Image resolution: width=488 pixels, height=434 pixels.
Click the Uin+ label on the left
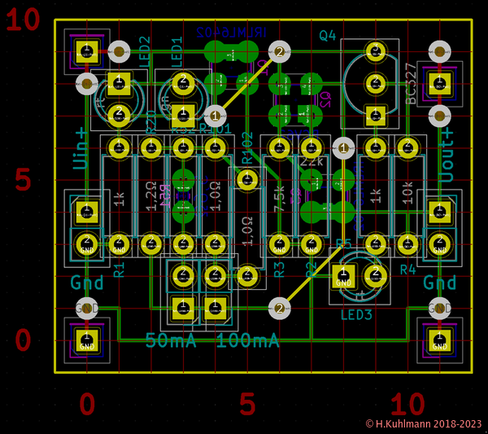point(81,147)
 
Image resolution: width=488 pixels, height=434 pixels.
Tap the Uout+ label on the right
point(446,147)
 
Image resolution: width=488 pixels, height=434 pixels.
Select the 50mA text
point(171,340)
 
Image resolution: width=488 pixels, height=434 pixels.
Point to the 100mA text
point(247,340)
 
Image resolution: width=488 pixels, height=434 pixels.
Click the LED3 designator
point(356,315)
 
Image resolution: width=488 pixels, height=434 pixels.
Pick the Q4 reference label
point(328,35)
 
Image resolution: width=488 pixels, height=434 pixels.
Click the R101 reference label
point(215,129)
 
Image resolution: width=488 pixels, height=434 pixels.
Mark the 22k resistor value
point(312,162)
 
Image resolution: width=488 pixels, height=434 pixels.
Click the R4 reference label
point(407,269)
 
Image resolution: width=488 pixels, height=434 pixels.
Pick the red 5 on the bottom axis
point(247,404)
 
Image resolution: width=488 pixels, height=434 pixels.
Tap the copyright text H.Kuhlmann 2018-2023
point(424,424)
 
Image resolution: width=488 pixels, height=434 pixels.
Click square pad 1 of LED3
point(343,277)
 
